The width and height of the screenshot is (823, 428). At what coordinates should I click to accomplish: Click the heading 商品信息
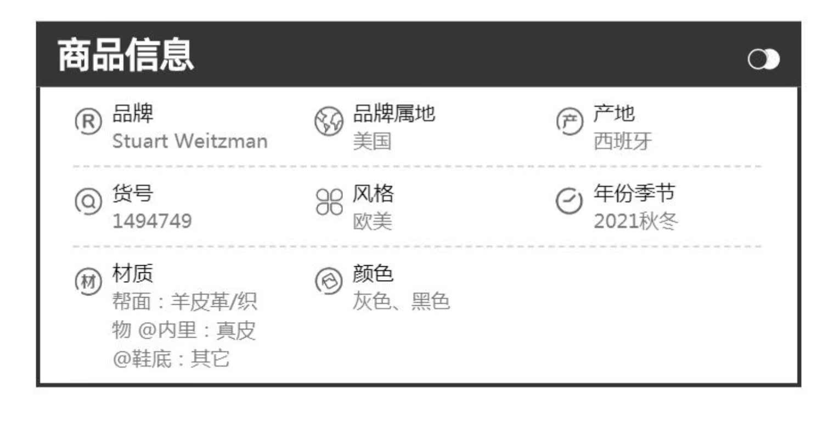126,55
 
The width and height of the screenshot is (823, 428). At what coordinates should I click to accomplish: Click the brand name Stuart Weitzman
190,141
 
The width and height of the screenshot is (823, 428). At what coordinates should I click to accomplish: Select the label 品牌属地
393,114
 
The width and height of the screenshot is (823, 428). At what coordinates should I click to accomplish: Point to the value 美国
372,142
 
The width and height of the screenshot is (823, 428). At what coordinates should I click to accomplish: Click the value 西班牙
623,142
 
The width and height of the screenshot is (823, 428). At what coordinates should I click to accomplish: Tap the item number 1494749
152,221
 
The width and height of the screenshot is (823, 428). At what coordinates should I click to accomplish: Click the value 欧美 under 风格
372,221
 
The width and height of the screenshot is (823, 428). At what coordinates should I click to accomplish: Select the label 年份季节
634,193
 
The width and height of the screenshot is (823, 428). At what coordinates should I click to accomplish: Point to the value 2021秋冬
636,221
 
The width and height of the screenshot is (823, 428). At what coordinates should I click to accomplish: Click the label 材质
133,273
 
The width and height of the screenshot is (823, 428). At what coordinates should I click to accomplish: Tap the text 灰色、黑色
401,301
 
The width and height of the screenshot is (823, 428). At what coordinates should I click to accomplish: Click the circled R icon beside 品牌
88,121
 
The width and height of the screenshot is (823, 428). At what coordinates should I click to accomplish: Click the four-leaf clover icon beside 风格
329,201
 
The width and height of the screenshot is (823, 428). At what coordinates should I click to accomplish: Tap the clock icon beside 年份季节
570,201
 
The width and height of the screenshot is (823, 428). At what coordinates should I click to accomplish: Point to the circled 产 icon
570,121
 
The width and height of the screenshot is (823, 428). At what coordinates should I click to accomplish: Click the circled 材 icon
88,281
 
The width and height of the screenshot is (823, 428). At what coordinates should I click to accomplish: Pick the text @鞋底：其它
171,359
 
